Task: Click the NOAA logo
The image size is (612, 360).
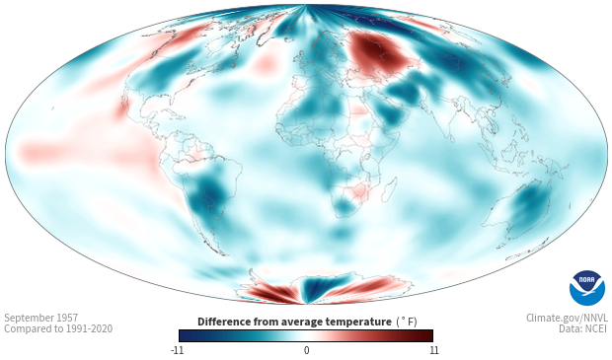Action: tap(587, 287)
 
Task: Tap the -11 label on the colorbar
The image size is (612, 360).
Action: tap(177, 350)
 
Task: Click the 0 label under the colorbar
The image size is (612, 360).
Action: tap(306, 350)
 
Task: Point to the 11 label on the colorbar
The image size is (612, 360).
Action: tap(433, 350)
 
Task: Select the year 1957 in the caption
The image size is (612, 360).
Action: tap(68, 318)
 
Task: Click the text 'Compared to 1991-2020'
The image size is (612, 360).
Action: tap(58, 328)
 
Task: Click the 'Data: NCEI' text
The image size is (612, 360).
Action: tap(583, 328)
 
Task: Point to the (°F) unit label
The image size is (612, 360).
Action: tap(407, 322)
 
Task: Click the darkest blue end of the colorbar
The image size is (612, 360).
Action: tap(183, 335)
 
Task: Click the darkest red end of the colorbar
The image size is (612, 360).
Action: tap(429, 335)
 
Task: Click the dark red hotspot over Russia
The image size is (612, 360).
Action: tap(377, 52)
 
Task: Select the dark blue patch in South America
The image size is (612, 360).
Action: tap(211, 192)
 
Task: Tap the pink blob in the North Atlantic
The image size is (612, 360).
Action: tap(265, 63)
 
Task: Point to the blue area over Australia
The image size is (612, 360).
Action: tap(529, 205)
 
